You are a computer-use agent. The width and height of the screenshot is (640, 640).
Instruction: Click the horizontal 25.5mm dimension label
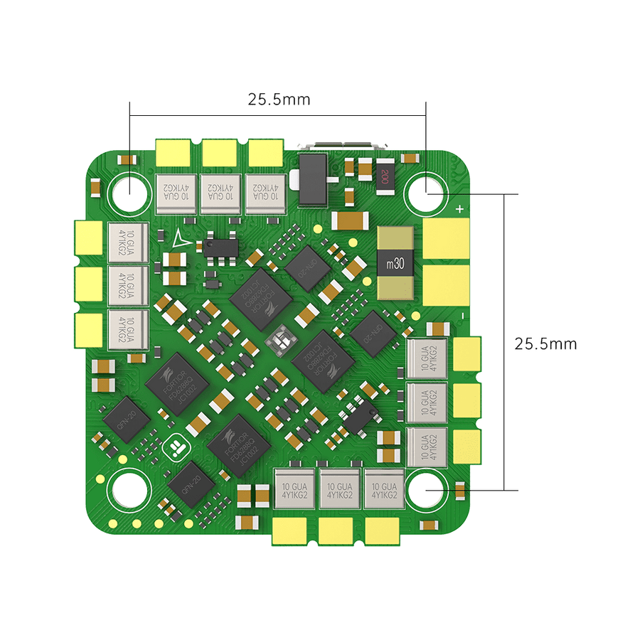(279, 99)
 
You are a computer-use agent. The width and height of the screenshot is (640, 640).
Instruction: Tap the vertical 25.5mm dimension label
(545, 343)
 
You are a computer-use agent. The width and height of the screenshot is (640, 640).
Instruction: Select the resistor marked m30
(395, 263)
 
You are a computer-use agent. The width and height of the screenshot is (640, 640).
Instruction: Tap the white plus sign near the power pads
(460, 209)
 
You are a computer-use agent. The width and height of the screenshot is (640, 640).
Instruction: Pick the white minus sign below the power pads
(462, 314)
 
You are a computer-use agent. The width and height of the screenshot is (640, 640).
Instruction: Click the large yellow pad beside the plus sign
(447, 238)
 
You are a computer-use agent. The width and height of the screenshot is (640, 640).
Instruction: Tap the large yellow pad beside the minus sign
(447, 285)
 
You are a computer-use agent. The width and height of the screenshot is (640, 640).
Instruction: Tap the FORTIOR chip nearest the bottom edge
(238, 447)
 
